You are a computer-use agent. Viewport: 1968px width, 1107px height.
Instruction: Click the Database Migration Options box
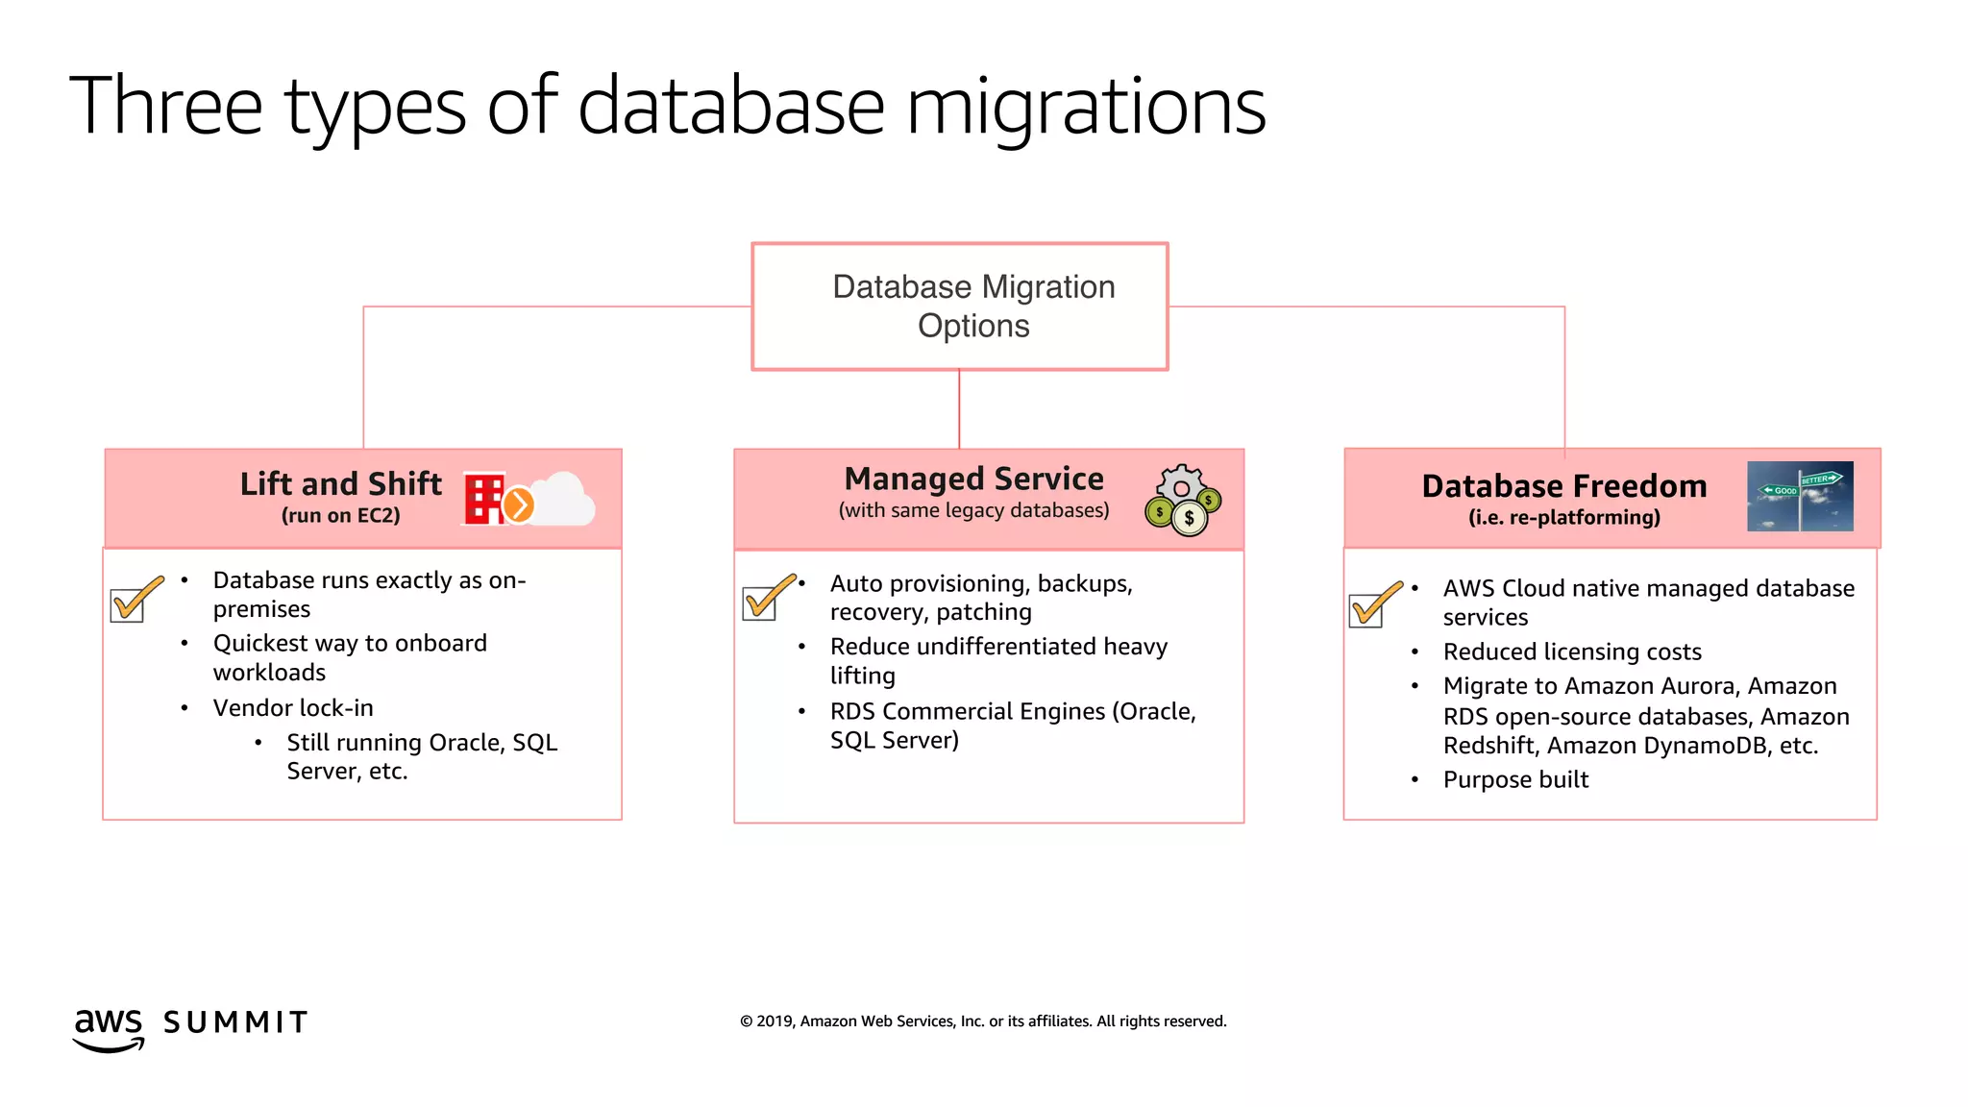click(x=959, y=306)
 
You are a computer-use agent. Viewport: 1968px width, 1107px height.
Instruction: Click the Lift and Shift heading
click(x=340, y=483)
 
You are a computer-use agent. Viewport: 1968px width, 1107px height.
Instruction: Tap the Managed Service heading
click(x=973, y=479)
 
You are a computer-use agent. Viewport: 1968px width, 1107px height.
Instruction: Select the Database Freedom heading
click(x=1563, y=486)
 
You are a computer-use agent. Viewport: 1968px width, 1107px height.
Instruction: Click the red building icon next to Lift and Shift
click(x=484, y=499)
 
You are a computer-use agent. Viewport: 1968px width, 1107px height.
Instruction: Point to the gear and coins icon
click(x=1183, y=500)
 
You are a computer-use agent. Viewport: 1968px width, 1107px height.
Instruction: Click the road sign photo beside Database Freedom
click(x=1799, y=496)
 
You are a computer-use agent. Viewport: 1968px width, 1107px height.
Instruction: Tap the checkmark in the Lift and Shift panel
click(x=135, y=600)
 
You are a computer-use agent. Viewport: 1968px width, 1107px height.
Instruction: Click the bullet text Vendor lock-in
click(x=293, y=708)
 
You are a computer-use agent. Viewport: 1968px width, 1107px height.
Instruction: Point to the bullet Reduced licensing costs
click(x=1571, y=652)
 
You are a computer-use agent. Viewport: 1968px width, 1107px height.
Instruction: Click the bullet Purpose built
click(x=1515, y=780)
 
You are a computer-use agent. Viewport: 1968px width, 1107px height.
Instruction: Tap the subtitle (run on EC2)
click(x=340, y=516)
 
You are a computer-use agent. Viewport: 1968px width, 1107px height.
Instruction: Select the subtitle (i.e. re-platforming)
click(x=1563, y=518)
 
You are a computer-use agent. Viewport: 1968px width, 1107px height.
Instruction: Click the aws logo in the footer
click(x=109, y=1028)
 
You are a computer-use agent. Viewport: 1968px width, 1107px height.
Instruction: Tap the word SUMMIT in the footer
click(x=235, y=1022)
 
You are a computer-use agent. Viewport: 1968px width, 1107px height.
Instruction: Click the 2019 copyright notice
click(x=982, y=1021)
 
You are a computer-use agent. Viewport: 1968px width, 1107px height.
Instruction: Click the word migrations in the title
click(x=1086, y=108)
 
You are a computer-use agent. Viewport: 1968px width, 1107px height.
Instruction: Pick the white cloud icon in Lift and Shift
click(x=565, y=500)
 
